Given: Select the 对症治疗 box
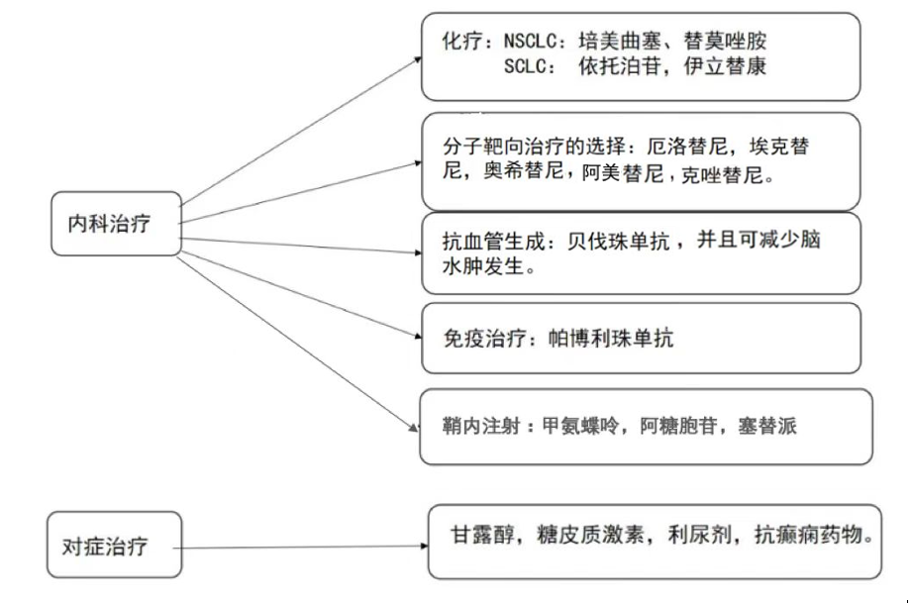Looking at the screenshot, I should (x=115, y=546).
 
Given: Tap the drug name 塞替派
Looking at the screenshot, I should (x=770, y=427).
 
